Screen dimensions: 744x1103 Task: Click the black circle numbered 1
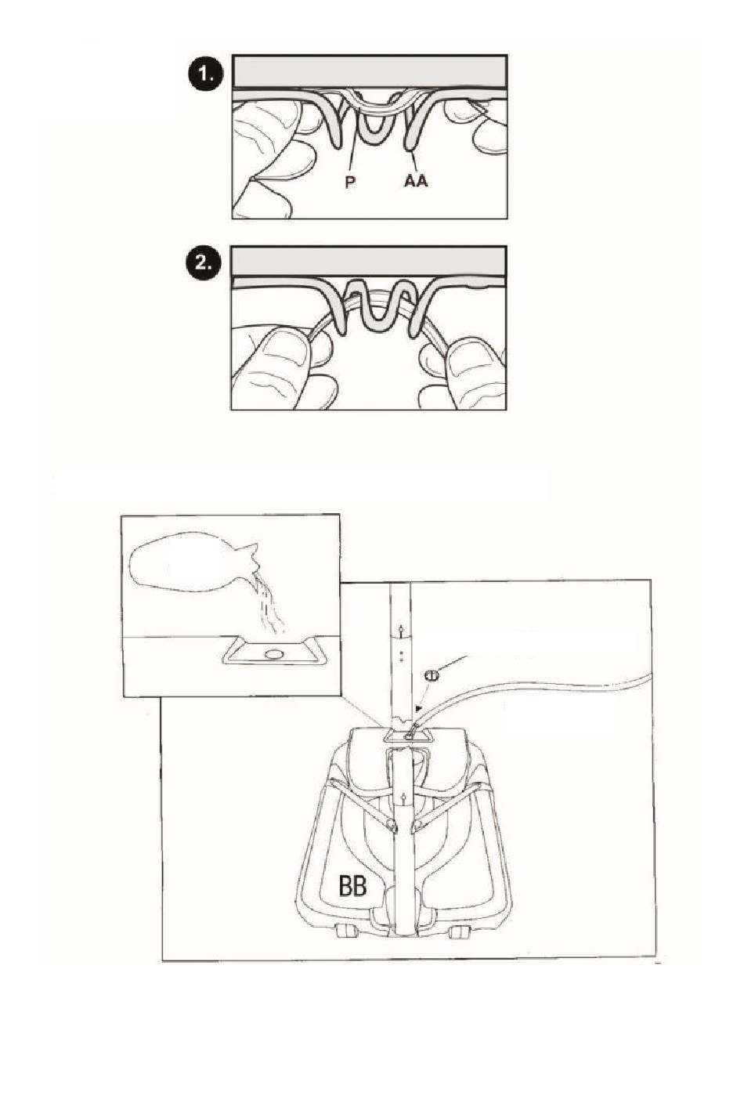(205, 74)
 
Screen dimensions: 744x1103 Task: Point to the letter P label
(349, 183)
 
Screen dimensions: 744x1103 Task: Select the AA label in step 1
(416, 181)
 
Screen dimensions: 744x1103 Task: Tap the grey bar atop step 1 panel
(370, 71)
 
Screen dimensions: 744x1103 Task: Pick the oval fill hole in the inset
(274, 654)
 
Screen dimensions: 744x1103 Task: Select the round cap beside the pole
(432, 675)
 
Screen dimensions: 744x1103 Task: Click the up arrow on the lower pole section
(403, 799)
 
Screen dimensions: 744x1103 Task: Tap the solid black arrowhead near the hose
(418, 708)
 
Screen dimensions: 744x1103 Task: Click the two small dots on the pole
(402, 656)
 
